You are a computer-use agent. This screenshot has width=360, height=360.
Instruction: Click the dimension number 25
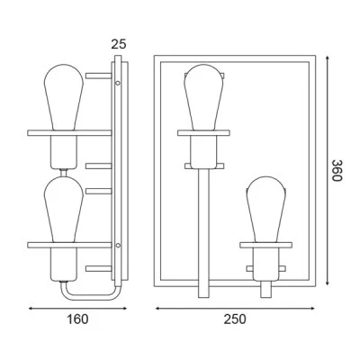pos(119,44)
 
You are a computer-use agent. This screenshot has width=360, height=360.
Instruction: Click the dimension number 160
pos(77,319)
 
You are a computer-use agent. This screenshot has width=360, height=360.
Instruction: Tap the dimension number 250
pos(235,319)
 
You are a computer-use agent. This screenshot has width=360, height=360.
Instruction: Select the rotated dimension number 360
pos(337,170)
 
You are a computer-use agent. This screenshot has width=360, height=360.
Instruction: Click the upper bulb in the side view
pos(64,97)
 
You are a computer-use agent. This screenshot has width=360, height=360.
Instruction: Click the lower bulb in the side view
pos(64,210)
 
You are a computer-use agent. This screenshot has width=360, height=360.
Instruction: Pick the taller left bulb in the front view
pos(203,97)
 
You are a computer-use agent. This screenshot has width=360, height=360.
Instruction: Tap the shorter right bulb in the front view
pos(266,210)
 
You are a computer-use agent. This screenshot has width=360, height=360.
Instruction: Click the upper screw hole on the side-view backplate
pos(118,83)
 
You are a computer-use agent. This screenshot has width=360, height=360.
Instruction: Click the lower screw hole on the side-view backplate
pos(118,246)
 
